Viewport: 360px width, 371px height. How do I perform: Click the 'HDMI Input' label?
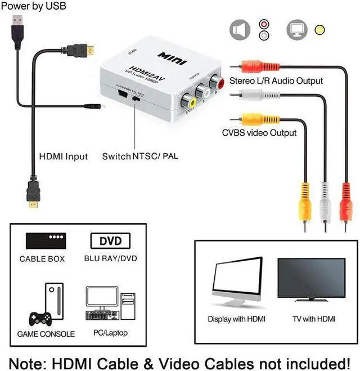coord(63,156)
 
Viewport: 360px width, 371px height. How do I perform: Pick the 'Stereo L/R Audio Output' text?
coord(276,81)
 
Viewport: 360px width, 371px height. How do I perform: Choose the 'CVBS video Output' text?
coord(258,133)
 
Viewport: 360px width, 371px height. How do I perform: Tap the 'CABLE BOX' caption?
coord(42,259)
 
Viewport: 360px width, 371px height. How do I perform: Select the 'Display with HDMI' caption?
coord(237,319)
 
